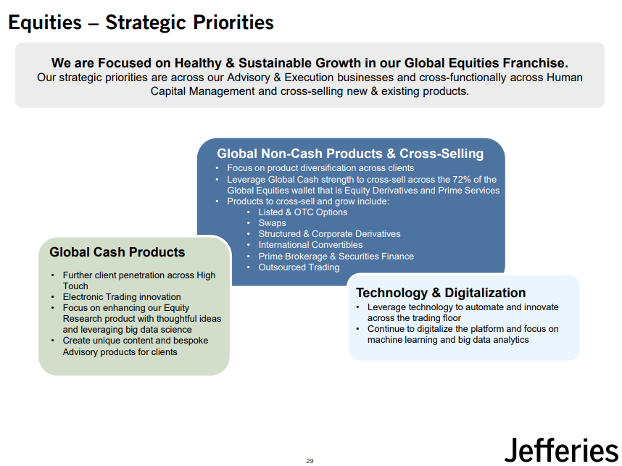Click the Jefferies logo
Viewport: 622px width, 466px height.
click(561, 450)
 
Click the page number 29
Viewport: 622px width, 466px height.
click(310, 460)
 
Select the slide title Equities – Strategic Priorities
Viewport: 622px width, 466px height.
click(141, 22)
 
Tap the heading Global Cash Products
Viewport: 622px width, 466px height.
click(117, 252)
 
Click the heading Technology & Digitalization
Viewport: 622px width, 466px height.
click(441, 293)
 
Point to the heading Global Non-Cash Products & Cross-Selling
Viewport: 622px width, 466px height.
click(350, 154)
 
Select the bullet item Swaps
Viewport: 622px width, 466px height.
click(272, 223)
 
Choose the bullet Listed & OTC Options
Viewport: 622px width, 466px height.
click(303, 212)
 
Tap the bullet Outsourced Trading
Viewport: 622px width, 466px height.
click(299, 267)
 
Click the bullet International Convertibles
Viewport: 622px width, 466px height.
click(310, 245)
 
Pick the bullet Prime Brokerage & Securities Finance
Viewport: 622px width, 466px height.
click(336, 257)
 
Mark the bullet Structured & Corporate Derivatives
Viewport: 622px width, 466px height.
click(329, 234)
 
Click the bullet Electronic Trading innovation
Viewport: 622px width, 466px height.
click(121, 297)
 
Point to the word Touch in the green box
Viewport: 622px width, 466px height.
click(75, 286)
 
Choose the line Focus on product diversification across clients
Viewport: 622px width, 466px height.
click(320, 168)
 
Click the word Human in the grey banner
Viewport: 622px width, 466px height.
click(565, 78)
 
